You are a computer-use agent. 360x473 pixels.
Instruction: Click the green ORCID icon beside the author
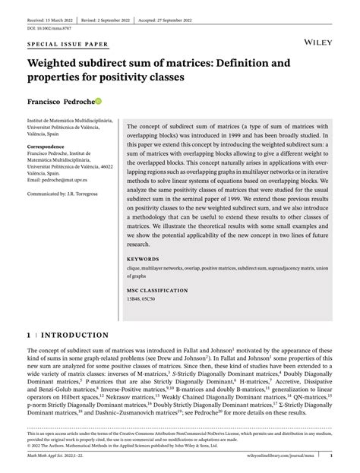[97, 100]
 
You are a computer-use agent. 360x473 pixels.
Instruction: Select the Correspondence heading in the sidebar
[46, 147]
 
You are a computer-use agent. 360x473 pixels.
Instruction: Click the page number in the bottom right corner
[333, 456]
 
